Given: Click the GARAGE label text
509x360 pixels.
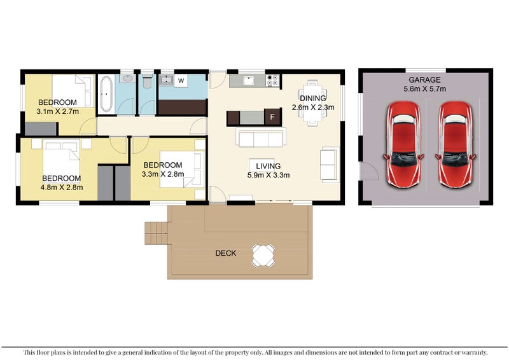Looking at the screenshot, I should pyautogui.click(x=424, y=80).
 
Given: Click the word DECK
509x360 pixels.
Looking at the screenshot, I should pyautogui.click(x=226, y=253).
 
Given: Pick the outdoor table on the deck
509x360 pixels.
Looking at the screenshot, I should pyautogui.click(x=263, y=255).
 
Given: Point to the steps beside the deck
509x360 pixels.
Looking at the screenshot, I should pyautogui.click(x=156, y=233).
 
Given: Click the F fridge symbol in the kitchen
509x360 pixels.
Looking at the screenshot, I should pyautogui.click(x=272, y=118).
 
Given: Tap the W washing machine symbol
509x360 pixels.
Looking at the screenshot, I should pyautogui.click(x=181, y=81).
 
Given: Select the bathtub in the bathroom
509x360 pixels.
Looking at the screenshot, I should pyautogui.click(x=106, y=93).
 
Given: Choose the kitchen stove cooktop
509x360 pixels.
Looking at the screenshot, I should pyautogui.click(x=272, y=81).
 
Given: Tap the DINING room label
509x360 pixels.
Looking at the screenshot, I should pyautogui.click(x=313, y=99).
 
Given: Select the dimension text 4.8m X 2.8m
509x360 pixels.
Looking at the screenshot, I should pyautogui.click(x=62, y=188).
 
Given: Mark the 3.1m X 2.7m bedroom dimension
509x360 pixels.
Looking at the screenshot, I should pyautogui.click(x=58, y=112).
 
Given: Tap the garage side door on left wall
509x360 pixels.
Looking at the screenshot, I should pyautogui.click(x=365, y=171).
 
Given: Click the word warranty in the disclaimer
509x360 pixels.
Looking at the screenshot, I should pyautogui.click(x=471, y=352).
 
